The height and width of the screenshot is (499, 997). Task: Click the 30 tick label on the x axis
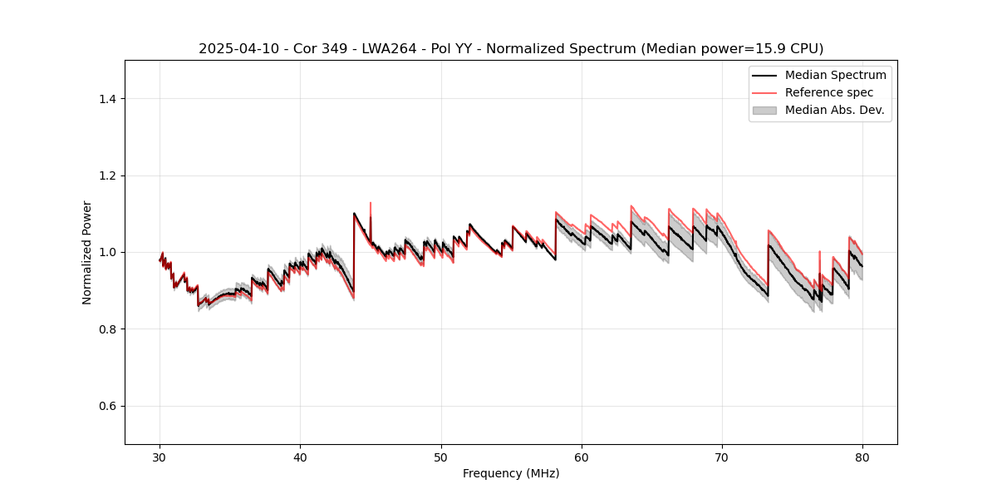160,457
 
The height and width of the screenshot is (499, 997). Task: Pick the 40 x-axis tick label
301,457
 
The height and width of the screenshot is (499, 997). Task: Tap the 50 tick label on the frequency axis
441,457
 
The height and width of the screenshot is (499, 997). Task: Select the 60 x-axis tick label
582,457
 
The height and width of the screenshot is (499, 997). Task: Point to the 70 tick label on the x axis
722,457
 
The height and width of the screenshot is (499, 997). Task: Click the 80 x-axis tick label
862,457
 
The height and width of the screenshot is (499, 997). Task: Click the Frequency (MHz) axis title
511,473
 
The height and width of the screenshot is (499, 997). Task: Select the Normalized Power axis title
87,252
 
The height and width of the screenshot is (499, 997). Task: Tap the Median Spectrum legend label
835,75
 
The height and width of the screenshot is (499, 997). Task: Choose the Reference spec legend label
829,92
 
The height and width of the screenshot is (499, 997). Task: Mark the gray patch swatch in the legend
764,110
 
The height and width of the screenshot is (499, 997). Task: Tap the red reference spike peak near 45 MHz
371,202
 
